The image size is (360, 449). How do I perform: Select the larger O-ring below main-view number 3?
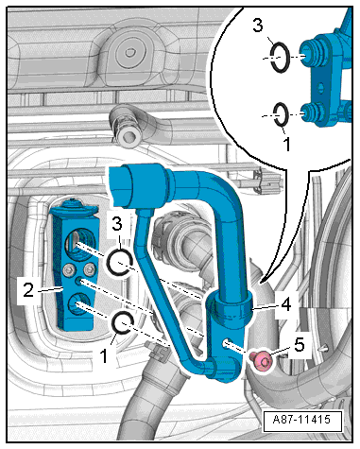tap(119, 261)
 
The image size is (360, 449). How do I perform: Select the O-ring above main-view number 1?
tap(123, 324)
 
